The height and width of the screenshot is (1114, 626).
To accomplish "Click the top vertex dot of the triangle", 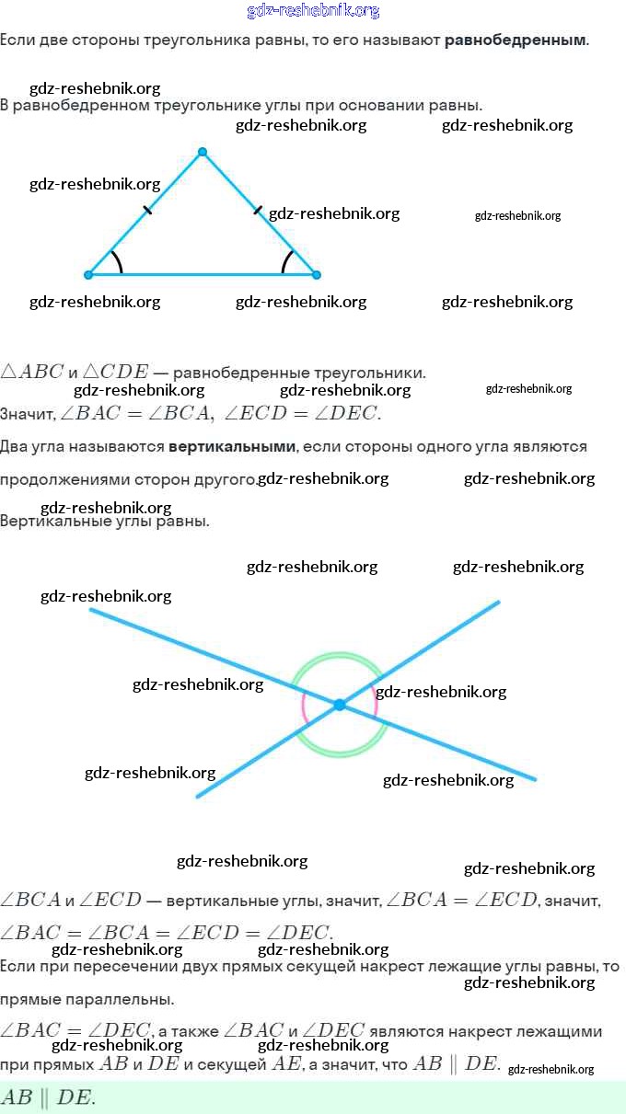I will pyautogui.click(x=203, y=152).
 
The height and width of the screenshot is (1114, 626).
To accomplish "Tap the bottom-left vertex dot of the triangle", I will pyautogui.click(x=88, y=274).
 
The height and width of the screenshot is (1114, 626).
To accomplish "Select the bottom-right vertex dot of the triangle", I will pyautogui.click(x=316, y=274).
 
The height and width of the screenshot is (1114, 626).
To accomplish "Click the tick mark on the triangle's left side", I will pyautogui.click(x=147, y=211).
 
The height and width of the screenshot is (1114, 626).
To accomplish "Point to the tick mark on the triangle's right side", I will pyautogui.click(x=257, y=211).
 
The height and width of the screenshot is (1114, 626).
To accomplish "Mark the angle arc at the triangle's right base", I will pyautogui.click(x=286, y=262).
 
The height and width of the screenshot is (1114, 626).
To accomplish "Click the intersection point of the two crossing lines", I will pyautogui.click(x=339, y=705).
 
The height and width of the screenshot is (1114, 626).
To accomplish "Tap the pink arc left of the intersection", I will pyautogui.click(x=304, y=706).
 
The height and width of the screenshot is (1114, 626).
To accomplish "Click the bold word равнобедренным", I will pyautogui.click(x=515, y=40).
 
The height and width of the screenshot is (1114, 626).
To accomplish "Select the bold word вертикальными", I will pyautogui.click(x=232, y=446).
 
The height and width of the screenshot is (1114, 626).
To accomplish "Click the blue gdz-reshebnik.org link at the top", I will pyautogui.click(x=313, y=11).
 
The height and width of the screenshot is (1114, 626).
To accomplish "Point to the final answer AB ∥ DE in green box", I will pyautogui.click(x=48, y=1097).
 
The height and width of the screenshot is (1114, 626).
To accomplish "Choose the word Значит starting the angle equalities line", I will pyautogui.click(x=28, y=414).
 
